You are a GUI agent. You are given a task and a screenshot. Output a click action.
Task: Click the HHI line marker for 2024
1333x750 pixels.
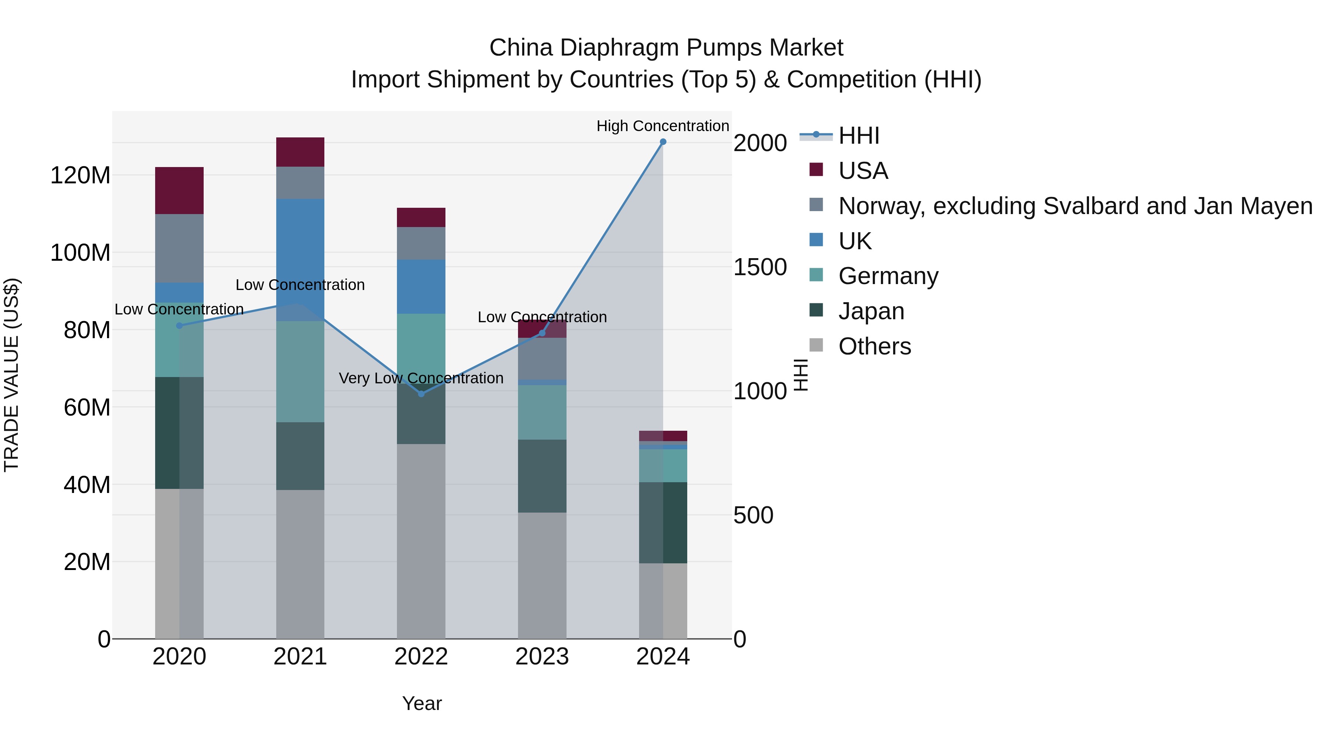pyautogui.click(x=663, y=142)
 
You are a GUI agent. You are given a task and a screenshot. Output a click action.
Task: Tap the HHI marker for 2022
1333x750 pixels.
pyautogui.click(x=421, y=394)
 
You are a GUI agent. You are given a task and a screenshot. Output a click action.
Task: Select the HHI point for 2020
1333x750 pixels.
pyautogui.click(x=180, y=326)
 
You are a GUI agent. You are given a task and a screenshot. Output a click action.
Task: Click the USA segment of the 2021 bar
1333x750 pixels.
pyautogui.click(x=300, y=152)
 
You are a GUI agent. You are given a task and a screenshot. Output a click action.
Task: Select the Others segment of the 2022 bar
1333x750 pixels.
pyautogui.click(x=421, y=541)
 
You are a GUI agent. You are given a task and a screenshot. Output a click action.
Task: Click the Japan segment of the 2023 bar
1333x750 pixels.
pyautogui.click(x=542, y=476)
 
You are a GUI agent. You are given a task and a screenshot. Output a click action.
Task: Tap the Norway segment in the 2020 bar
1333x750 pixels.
pyautogui.click(x=180, y=249)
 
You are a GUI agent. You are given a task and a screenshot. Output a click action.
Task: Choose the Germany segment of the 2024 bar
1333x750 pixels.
pyautogui.click(x=663, y=466)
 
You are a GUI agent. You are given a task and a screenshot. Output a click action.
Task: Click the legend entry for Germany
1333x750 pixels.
pyautogui.click(x=888, y=276)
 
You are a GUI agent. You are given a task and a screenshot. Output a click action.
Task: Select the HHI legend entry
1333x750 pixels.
pyautogui.click(x=859, y=136)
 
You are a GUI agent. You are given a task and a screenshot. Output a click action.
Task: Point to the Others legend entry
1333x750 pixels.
pyautogui.click(x=875, y=346)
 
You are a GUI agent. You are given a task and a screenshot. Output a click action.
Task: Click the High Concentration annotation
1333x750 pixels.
pyautogui.click(x=662, y=126)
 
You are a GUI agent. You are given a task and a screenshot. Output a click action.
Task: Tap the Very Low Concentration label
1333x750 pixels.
pyautogui.click(x=421, y=379)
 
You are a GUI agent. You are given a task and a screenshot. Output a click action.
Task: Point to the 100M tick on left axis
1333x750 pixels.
pyautogui.click(x=80, y=253)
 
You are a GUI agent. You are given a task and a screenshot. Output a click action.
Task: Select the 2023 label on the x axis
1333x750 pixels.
pyautogui.click(x=542, y=657)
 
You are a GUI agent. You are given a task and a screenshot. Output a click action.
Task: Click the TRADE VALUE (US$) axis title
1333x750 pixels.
pyautogui.click(x=11, y=375)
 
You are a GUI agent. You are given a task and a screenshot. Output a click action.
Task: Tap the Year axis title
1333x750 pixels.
pyautogui.click(x=422, y=703)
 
